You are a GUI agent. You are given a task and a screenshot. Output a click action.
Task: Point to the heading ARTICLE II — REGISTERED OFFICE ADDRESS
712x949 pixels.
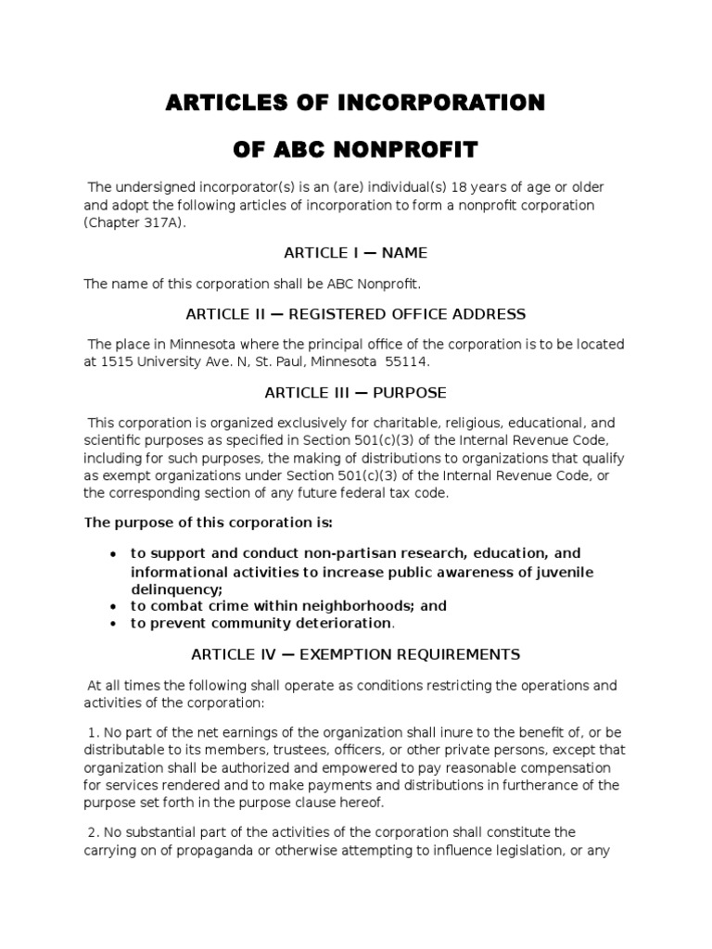[x=355, y=313]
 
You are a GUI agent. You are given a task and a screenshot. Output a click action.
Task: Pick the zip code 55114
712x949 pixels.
[x=411, y=361]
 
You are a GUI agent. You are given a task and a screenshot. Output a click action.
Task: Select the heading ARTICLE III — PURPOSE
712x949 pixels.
[x=355, y=392]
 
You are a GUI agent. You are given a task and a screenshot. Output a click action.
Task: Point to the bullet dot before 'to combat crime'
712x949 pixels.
[x=112, y=606]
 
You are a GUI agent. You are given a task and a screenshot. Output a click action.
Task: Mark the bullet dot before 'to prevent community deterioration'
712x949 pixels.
[x=112, y=624]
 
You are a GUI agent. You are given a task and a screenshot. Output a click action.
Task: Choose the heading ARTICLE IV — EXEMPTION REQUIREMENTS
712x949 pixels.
[x=355, y=654]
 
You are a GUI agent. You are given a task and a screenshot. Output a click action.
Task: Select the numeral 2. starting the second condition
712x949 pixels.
[x=95, y=832]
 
